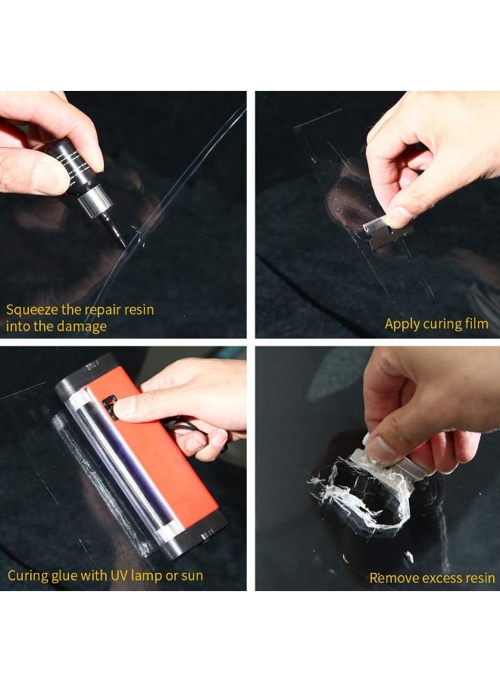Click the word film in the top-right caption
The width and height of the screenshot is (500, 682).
tap(475, 324)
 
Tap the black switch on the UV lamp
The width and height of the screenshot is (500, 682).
tap(111, 408)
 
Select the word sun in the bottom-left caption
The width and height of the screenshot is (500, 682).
tap(192, 575)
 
